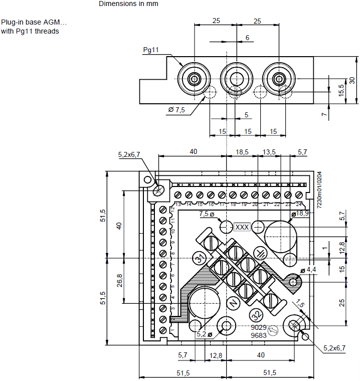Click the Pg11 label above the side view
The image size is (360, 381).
(150, 50)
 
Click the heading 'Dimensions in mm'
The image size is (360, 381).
(128, 4)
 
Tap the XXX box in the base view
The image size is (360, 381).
(242, 227)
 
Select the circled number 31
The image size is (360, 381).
(200, 259)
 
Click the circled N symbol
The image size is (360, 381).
(233, 303)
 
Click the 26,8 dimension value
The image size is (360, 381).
(119, 280)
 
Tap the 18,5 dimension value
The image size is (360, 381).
(242, 151)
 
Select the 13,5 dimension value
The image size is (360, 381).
(269, 151)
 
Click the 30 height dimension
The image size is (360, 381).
(352, 80)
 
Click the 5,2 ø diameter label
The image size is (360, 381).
(204, 334)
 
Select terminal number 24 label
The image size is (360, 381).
(299, 205)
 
